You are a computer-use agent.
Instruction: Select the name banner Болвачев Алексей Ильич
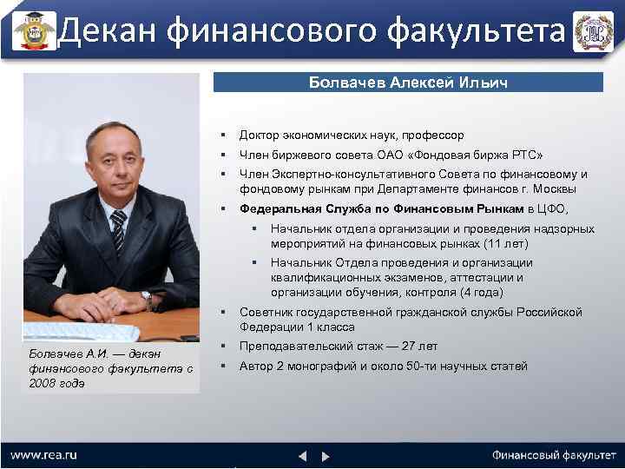(408, 83)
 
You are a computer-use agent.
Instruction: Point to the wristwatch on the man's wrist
(148, 300)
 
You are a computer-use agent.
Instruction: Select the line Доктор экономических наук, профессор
(352, 135)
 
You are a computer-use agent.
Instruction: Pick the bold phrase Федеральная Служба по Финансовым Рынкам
(382, 209)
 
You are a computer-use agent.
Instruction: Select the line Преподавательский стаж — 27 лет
(339, 347)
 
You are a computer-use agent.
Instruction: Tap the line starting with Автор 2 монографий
(383, 367)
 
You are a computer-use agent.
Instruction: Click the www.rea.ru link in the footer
(43, 454)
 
